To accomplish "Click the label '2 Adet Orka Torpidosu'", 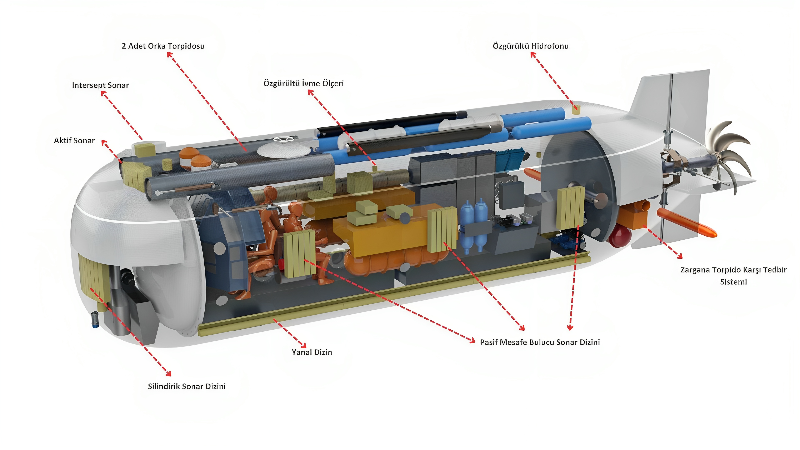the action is coord(163,46).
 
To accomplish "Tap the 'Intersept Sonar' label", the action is coord(100,85).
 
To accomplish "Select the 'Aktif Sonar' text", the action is coord(74,141).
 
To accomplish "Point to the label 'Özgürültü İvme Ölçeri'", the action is coord(303,83).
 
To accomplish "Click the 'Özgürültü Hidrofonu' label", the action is coord(530,46).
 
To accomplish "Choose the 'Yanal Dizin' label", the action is coord(312,352).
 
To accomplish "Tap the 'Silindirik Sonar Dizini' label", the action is coord(187,386).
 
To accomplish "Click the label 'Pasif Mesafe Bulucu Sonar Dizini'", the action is coord(540,342).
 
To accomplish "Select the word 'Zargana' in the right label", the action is coord(694,270).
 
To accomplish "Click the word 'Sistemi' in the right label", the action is coord(733,282).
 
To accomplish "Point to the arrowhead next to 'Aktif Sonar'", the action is coord(105,143).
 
